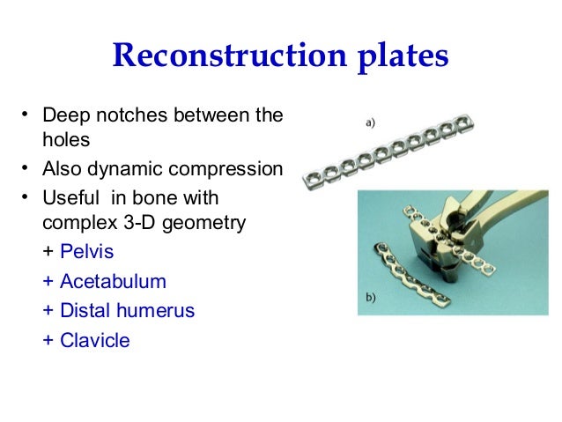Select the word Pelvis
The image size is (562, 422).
[x=86, y=252]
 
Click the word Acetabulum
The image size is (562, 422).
[x=113, y=282]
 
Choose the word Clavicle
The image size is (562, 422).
[x=94, y=340]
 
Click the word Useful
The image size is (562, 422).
[x=69, y=197]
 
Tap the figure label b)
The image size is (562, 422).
[x=368, y=297]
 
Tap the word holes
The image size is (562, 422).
[x=65, y=140]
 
